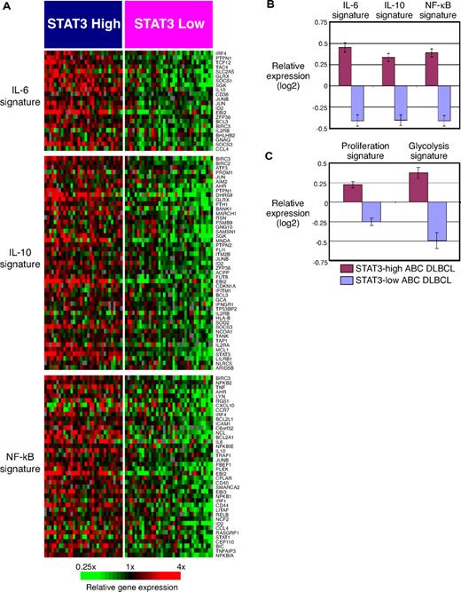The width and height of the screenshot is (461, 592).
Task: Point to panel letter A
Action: pyautogui.click(x=7, y=6)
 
